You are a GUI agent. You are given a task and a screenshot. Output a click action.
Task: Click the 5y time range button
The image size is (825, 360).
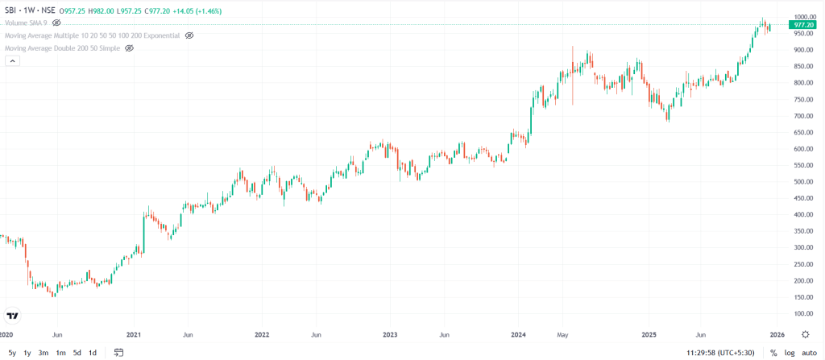click(x=12, y=353)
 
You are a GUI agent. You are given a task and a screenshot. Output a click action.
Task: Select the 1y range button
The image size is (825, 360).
click(x=27, y=353)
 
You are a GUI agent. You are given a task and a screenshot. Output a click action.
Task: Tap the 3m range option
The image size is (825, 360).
click(x=44, y=353)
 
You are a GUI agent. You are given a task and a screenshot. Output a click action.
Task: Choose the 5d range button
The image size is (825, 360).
click(x=77, y=353)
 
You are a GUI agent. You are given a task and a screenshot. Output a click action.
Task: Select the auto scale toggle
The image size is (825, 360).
click(x=809, y=353)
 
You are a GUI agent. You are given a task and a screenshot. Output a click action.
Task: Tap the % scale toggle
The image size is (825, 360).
click(x=773, y=353)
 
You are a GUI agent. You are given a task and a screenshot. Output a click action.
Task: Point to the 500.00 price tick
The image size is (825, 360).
click(x=803, y=181)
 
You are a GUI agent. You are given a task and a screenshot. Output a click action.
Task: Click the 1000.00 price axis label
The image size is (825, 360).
click(x=805, y=16)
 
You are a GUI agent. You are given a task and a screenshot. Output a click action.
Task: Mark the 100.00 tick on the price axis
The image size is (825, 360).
click(x=803, y=313)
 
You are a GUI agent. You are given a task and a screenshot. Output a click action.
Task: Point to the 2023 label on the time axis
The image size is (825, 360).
click(x=390, y=333)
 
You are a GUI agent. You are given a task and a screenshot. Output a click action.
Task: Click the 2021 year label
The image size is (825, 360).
click(x=135, y=333)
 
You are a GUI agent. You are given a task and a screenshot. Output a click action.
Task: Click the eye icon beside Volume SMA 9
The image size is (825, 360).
click(x=56, y=23)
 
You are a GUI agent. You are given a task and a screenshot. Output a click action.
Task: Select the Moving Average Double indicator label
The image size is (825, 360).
click(x=62, y=48)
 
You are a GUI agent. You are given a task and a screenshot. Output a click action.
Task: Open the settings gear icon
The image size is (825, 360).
click(x=805, y=333)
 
